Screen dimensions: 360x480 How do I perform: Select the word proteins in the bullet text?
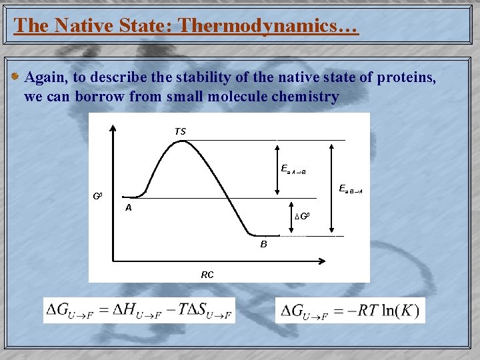407,77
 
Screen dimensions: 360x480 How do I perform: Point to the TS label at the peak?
180,131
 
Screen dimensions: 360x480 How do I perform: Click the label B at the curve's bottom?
263,245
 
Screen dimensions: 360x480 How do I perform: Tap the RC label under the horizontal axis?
207,274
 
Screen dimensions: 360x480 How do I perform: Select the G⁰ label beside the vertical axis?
97,197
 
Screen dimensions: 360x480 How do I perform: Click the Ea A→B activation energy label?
293,169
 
